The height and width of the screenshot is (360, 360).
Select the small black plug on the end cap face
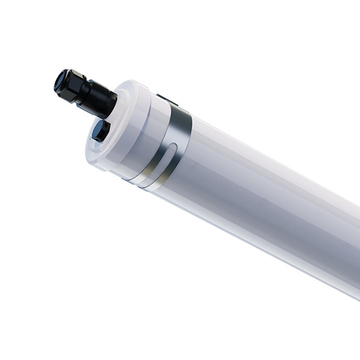coord(100,130)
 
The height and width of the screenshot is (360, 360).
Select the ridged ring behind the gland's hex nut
coord(90,95)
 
